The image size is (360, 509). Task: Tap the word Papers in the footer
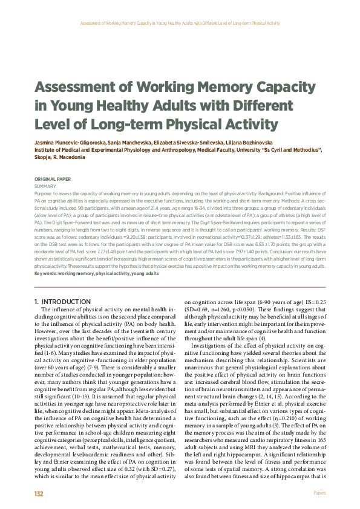pos(319,493)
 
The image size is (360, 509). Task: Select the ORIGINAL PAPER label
pos(51,179)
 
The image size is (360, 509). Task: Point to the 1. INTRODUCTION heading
pos(63,301)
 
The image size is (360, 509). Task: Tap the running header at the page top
pos(180,23)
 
